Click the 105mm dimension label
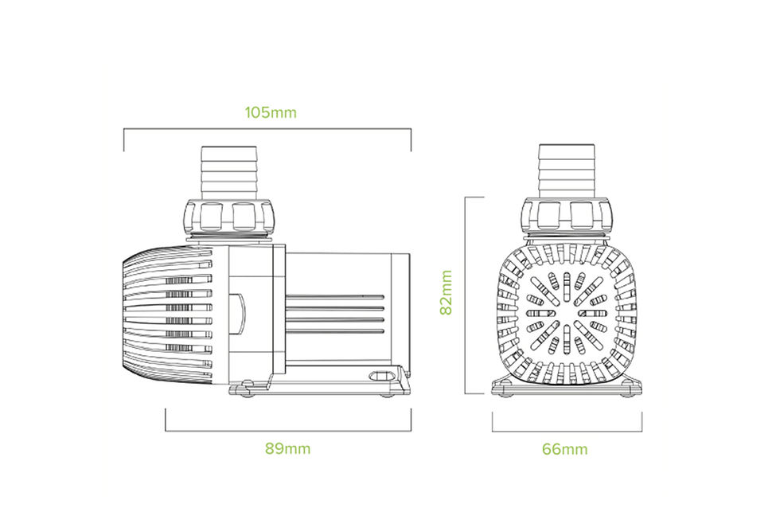point(271,112)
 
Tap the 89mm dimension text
point(287,448)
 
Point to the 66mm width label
point(565,449)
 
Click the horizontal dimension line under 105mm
point(267,128)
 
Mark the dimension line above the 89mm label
point(287,431)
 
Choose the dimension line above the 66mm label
point(567,431)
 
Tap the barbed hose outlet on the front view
point(567,171)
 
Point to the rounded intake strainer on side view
point(167,314)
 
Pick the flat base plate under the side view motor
point(318,389)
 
